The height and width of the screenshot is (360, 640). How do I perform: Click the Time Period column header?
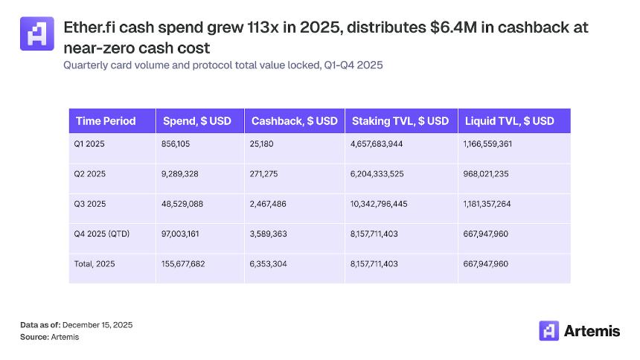tap(106, 120)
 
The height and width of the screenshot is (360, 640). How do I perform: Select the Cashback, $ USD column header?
tap(295, 120)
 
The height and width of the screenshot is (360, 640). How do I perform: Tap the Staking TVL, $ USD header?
tap(400, 120)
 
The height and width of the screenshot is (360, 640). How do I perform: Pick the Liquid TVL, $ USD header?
tap(509, 120)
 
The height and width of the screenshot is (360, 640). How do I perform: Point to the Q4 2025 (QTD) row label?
tap(103, 234)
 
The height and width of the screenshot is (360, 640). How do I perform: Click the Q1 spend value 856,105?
tap(176, 144)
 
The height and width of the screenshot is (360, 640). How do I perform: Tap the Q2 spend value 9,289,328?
tap(179, 173)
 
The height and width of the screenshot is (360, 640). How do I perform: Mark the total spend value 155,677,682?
tap(185, 263)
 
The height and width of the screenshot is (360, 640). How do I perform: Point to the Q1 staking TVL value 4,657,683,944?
tap(377, 144)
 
